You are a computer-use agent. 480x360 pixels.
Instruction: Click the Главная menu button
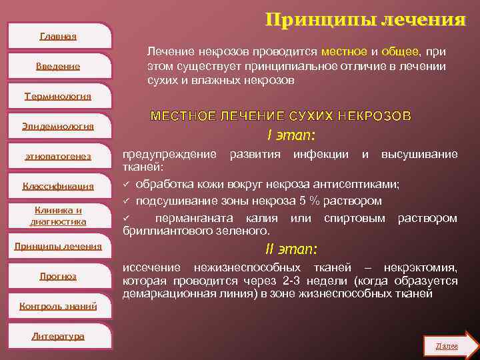58,36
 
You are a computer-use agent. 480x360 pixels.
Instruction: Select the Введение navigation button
58,66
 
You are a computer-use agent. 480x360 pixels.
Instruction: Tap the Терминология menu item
58,96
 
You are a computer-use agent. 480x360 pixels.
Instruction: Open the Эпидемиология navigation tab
58,126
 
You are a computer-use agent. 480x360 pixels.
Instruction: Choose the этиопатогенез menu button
58,156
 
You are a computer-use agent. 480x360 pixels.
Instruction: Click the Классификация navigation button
58,186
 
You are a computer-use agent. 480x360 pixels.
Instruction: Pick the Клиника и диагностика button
58,216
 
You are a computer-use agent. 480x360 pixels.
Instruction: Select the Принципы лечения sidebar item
58,246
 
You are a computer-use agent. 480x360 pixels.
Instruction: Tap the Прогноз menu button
58,276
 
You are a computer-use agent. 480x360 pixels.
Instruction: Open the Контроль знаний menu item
58,306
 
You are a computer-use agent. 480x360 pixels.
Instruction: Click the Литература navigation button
58,336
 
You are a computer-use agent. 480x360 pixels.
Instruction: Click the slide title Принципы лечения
365,19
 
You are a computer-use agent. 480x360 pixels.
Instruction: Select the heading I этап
291,136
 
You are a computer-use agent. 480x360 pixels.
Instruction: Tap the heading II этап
291,249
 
